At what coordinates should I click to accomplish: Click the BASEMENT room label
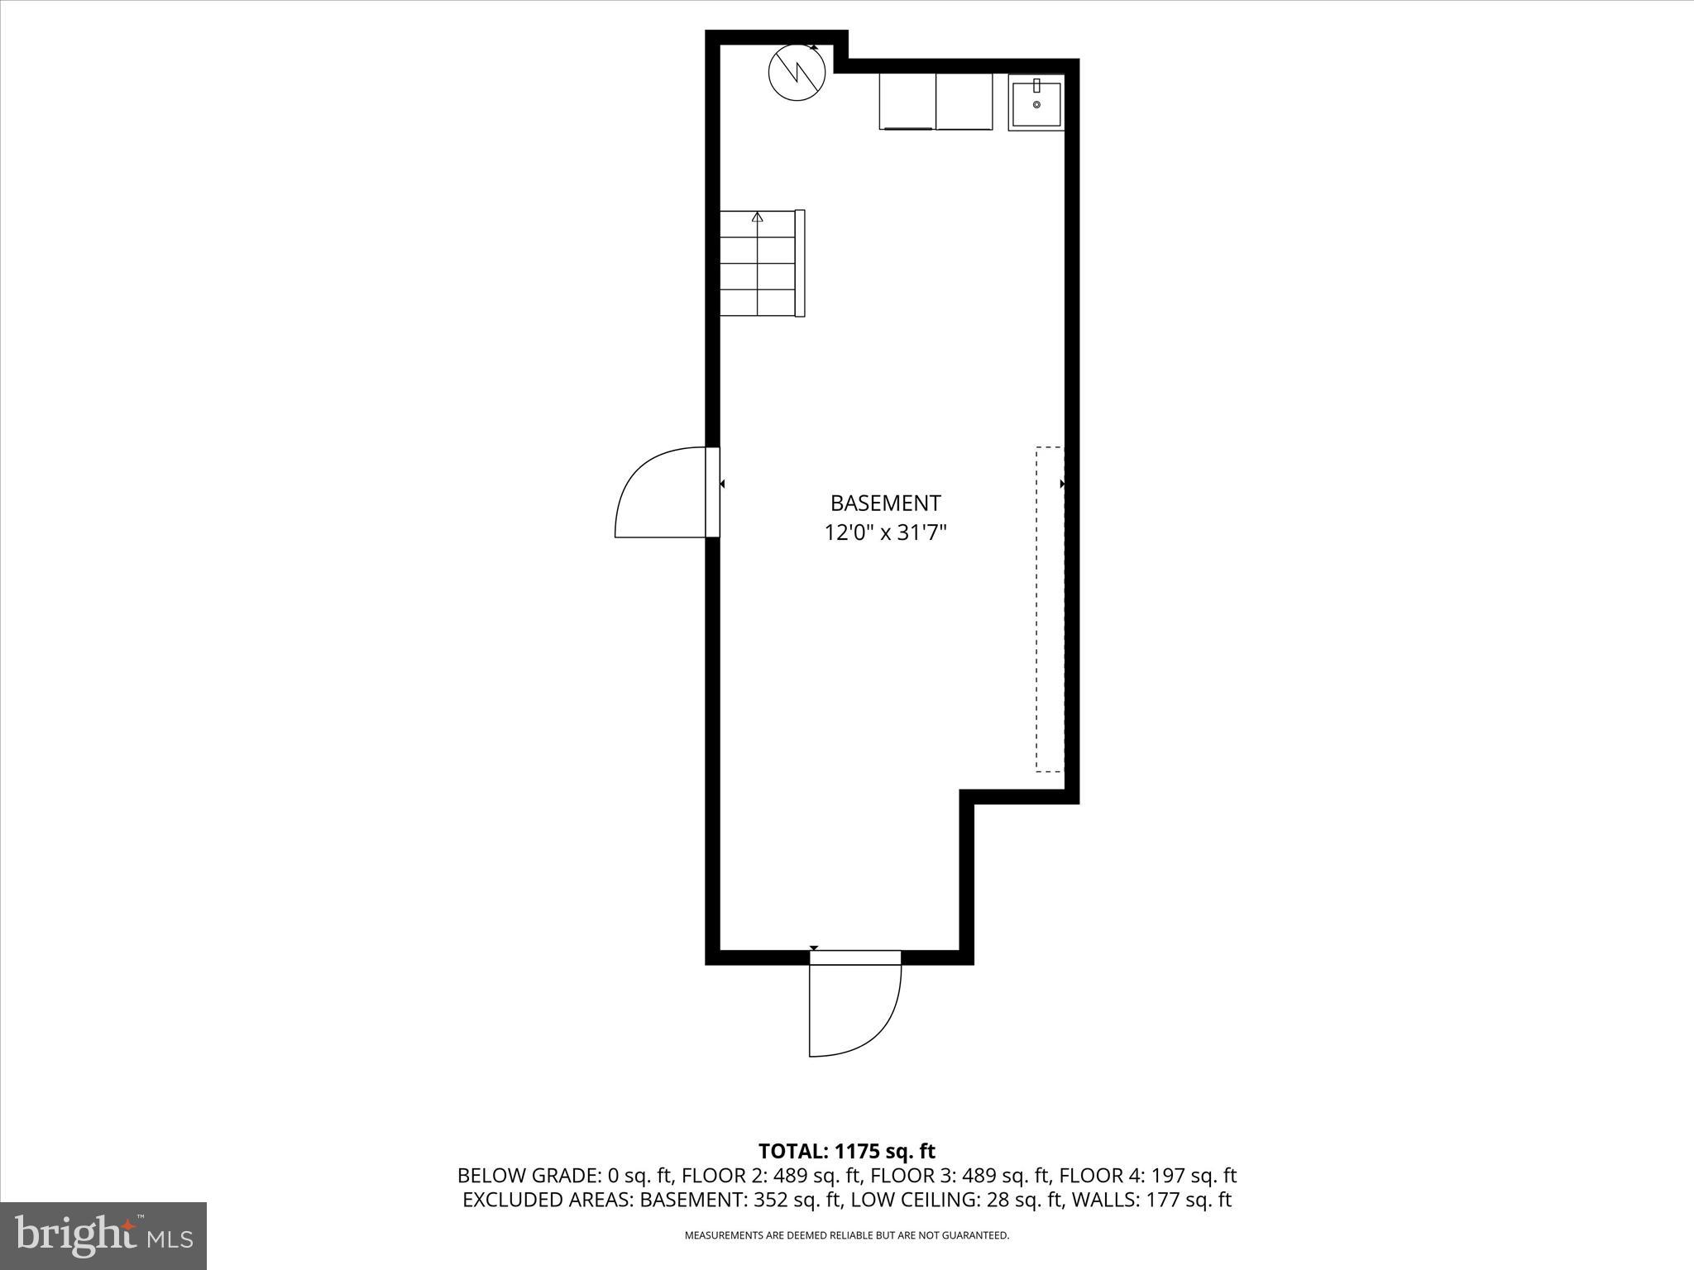[885, 503]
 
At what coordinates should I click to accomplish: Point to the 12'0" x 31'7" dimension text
[885, 532]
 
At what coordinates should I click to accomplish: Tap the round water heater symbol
[797, 73]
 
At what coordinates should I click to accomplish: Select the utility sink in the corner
[1036, 103]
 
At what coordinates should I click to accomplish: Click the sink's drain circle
[1036, 105]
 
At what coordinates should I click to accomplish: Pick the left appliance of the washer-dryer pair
[907, 101]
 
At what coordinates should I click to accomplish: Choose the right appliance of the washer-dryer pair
[964, 101]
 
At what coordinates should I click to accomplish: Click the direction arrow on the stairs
[757, 217]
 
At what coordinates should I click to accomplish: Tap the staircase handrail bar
[800, 263]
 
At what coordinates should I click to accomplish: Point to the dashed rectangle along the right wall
[1050, 609]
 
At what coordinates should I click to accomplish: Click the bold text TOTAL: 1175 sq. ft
[846, 1151]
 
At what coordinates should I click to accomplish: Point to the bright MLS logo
[103, 1235]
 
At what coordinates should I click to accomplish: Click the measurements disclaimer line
[846, 1235]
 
